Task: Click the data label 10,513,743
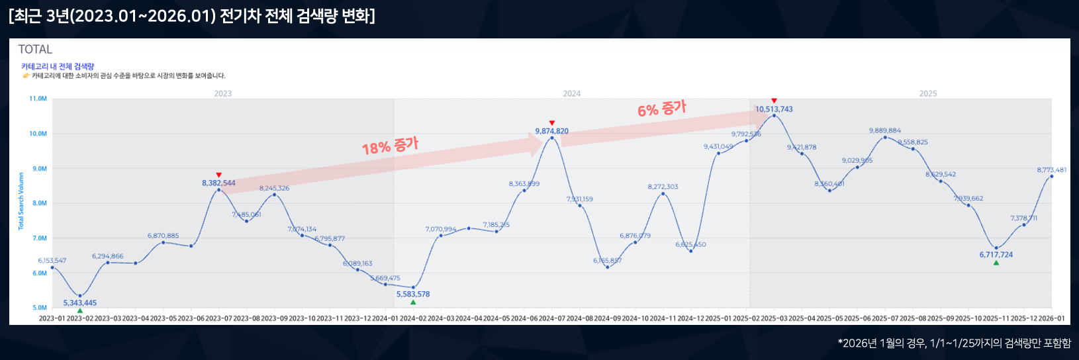(774, 109)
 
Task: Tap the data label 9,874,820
(551, 131)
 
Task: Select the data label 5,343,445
(80, 303)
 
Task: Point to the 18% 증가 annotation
(390, 146)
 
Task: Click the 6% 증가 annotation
(661, 109)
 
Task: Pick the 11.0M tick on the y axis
(38, 99)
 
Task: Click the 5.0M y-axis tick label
(40, 308)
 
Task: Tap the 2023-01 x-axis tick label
(52, 318)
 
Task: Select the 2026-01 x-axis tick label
(1051, 318)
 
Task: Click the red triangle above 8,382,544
(219, 175)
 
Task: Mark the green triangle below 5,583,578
(413, 302)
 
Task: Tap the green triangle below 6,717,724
(996, 263)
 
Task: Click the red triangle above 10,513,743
(774, 101)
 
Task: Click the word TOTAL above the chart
(35, 50)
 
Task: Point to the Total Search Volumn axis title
(21, 201)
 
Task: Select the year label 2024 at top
(572, 94)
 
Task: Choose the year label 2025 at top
(928, 94)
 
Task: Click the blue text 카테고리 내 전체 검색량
(58, 66)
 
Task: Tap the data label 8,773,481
(1051, 170)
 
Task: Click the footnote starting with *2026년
(954, 343)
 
